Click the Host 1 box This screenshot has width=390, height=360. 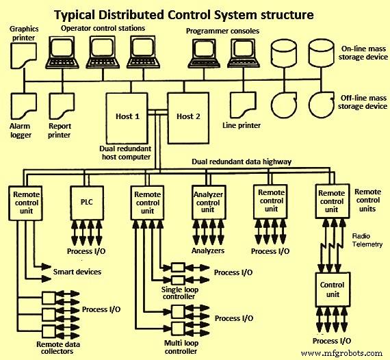[x=128, y=116]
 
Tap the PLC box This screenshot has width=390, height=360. [x=86, y=201]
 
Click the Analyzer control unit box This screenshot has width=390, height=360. [x=208, y=201]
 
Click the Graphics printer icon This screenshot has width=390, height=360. [x=23, y=53]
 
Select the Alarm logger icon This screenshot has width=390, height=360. [x=24, y=105]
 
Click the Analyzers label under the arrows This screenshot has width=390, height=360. [x=208, y=251]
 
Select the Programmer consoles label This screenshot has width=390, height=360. [x=223, y=31]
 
